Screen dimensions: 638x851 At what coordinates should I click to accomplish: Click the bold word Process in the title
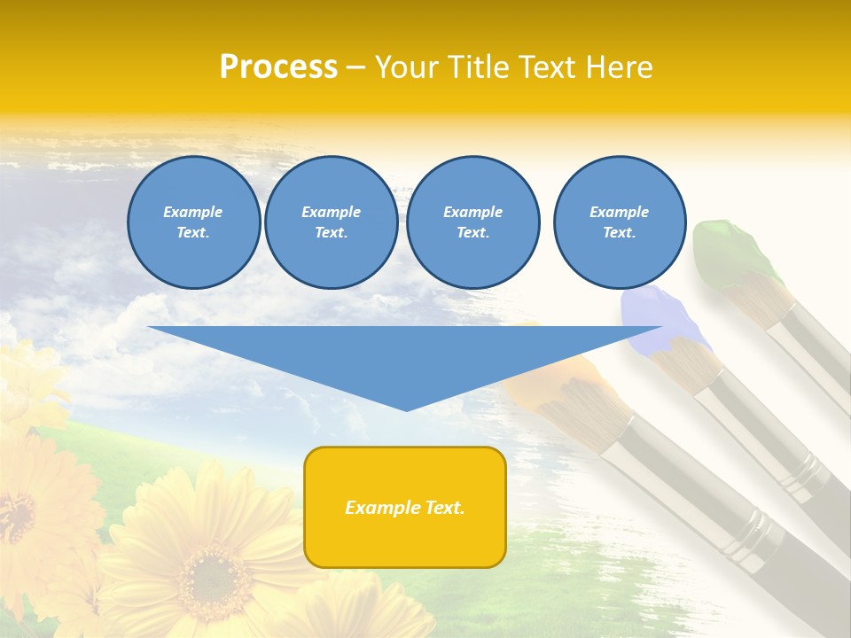point(278,67)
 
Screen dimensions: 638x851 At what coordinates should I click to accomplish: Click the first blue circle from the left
point(193,222)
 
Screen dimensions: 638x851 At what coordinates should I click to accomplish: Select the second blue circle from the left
point(331,222)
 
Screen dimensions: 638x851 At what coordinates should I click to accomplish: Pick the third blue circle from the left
point(472,222)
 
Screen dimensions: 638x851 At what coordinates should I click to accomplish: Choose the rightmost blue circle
point(619,222)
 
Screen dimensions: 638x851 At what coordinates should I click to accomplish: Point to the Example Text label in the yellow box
point(405,508)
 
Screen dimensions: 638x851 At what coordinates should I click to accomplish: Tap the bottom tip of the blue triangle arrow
point(407,408)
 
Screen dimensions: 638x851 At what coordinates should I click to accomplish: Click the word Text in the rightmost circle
point(619,233)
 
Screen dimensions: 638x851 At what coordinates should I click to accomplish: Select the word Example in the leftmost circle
point(193,213)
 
